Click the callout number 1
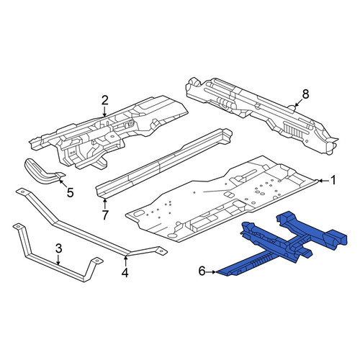click(x=333, y=180)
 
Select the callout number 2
click(x=104, y=101)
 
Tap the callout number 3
click(x=59, y=249)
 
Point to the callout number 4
click(x=125, y=273)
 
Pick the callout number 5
click(x=70, y=192)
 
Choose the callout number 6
click(x=202, y=271)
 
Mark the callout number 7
click(x=105, y=215)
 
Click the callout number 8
click(x=305, y=94)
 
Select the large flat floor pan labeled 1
click(x=221, y=199)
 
